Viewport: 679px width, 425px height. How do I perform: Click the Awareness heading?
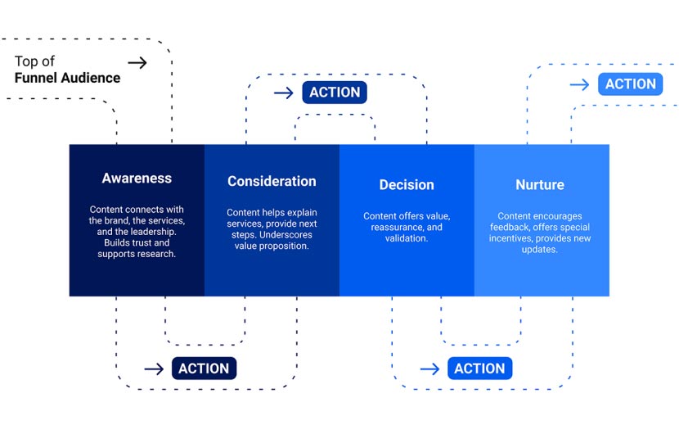coord(137,178)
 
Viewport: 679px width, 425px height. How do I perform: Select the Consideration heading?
coord(272,181)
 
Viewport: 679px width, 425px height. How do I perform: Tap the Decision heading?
coord(407,184)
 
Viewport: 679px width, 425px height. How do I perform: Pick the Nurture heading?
coord(540,184)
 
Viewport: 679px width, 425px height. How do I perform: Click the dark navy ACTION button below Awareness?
coord(204,368)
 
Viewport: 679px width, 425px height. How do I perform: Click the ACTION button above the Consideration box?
coord(335,93)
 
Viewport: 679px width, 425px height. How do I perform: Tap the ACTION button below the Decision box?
coord(479,368)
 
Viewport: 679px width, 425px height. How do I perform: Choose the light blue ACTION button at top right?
coord(630,84)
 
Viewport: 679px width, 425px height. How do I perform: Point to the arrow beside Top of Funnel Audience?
coord(137,62)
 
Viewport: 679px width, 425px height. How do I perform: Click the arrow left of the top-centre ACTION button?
coord(284,93)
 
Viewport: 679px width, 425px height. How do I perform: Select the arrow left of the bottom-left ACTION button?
coord(154,369)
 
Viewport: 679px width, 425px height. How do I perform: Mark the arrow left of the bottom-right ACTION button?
coord(429,369)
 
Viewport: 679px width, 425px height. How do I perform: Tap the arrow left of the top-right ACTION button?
coord(579,85)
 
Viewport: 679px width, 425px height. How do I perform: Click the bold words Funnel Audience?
coord(67,78)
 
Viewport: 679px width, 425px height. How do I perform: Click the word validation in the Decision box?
coord(407,238)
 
